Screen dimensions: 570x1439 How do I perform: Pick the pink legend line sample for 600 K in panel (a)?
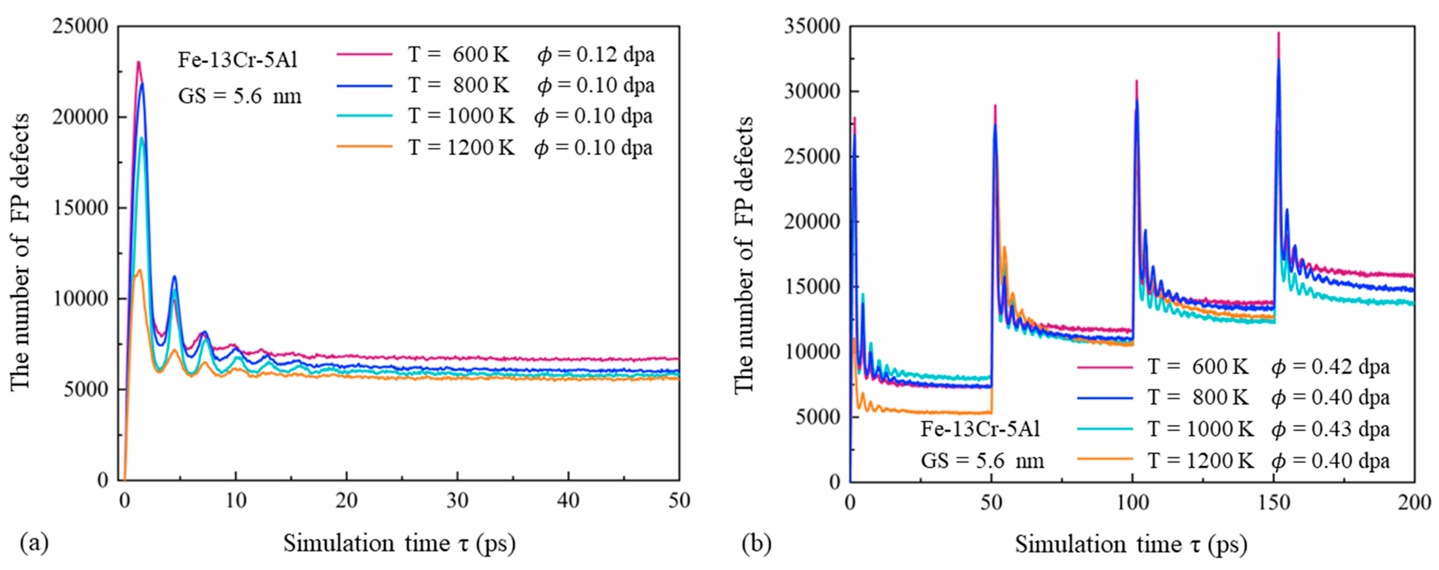tap(364, 54)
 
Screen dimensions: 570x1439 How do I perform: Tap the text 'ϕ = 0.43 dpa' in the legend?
tap(1330, 429)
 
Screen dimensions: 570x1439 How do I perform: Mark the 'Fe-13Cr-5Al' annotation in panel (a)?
tap(238, 60)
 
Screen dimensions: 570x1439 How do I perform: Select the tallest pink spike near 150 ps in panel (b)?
tap(1278, 34)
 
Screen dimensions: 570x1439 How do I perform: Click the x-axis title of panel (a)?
tap(399, 544)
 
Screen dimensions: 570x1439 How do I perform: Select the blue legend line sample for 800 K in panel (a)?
tap(364, 85)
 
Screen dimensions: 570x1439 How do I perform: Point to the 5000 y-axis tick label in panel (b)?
tap(817, 417)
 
